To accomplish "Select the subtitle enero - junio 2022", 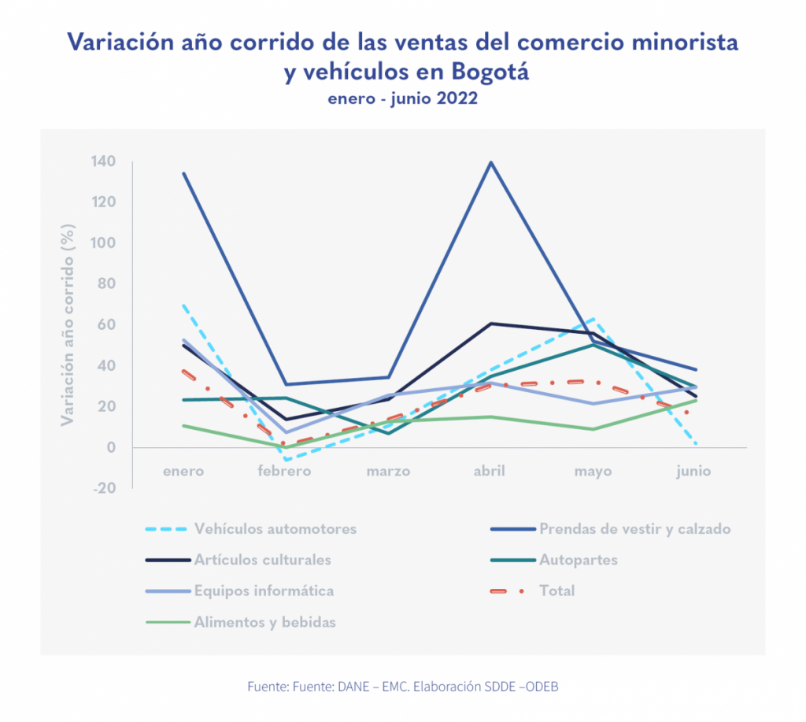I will [403, 100].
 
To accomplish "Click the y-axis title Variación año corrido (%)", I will [68, 324].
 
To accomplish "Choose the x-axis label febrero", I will [286, 472].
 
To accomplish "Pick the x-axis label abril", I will [490, 472].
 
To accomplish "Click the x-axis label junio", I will [693, 472].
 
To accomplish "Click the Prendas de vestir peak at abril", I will [491, 163].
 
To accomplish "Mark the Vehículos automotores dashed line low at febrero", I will [287, 460].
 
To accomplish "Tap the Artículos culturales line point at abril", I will [491, 324].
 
